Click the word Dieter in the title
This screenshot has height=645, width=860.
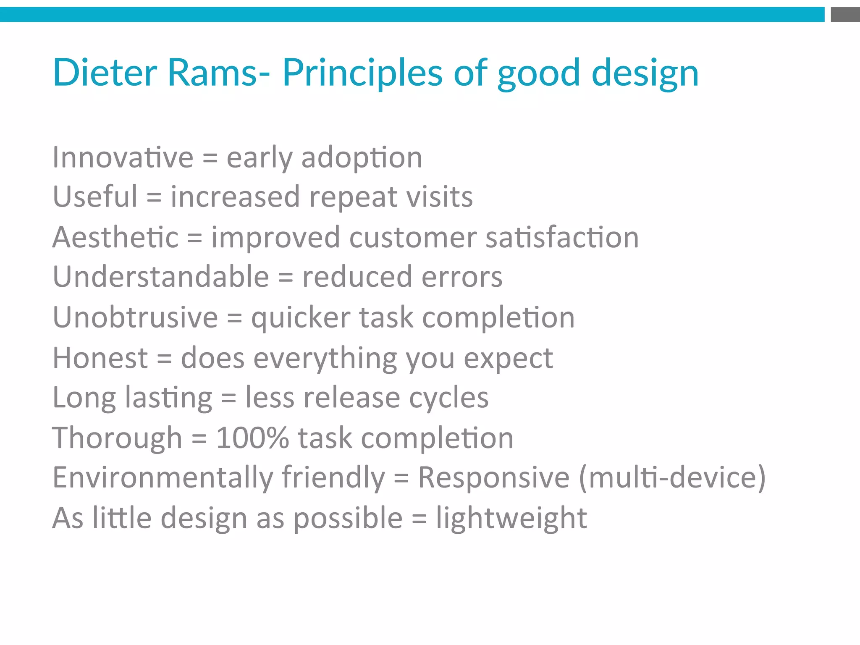pos(105,73)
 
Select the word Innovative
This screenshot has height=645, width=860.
pos(123,157)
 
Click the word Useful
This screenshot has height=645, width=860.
pos(95,197)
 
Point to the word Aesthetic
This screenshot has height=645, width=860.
pos(115,238)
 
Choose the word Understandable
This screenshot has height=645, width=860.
pos(161,277)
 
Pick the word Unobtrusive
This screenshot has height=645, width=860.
pos(135,317)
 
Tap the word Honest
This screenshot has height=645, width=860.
pos(100,358)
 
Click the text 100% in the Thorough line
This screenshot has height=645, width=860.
pos(252,438)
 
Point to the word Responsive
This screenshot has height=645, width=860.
pos(494,478)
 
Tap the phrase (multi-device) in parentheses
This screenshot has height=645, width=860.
pos(672,478)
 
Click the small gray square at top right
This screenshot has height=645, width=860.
pos(845,15)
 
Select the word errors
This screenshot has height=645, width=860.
pos(461,277)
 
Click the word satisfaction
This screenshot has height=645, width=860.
pos(562,238)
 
